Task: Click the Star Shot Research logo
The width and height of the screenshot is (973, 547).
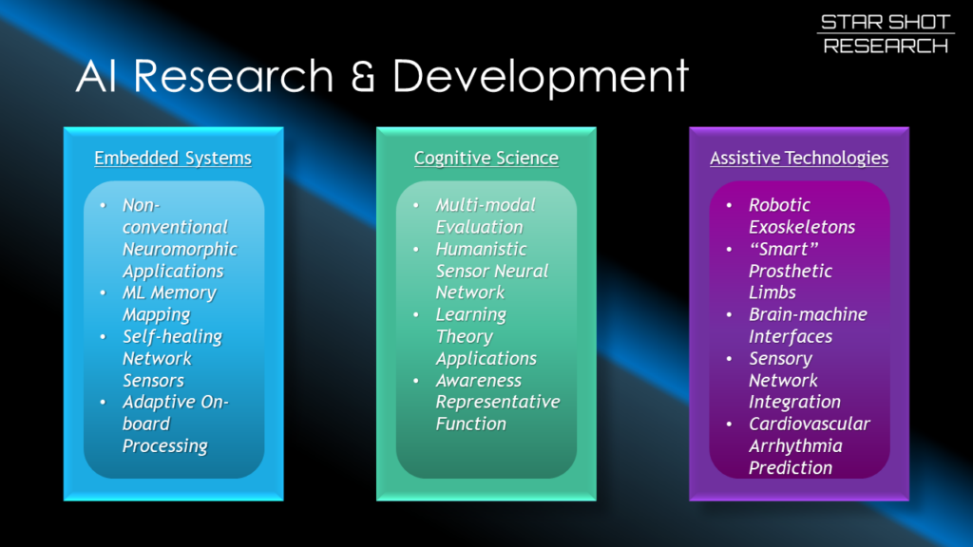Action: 886,34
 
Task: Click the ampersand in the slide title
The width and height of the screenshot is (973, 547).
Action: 362,76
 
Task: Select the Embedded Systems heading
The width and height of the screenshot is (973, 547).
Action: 173,159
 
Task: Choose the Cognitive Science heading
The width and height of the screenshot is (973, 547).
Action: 486,159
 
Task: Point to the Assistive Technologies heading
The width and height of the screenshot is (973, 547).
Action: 799,159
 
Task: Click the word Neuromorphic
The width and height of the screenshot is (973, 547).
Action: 180,250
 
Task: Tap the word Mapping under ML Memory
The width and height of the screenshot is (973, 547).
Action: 157,315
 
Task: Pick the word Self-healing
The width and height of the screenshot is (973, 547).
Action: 173,337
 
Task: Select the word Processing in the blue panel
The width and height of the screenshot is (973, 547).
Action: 165,446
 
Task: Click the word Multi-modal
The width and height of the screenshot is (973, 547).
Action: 486,205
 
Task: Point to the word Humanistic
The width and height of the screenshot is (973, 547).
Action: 482,250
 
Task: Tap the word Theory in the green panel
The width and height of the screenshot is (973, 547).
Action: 465,337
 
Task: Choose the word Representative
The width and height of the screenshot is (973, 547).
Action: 498,403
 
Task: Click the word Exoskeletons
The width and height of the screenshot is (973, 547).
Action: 802,227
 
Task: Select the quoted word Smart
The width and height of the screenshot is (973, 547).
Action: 784,250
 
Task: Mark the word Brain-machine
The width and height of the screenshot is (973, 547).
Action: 809,314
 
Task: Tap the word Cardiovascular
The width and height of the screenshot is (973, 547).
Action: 810,424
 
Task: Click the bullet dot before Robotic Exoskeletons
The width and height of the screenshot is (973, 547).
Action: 729,205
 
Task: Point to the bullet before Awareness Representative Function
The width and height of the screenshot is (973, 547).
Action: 416,381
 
